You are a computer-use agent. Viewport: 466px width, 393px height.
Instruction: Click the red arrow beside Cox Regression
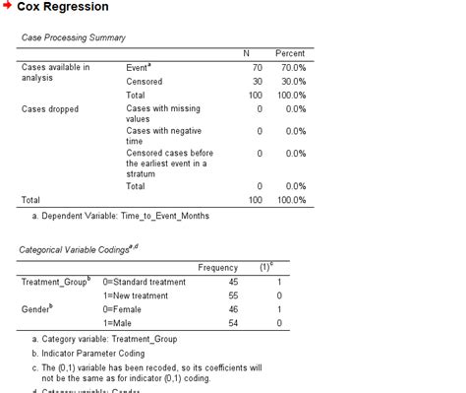click(x=8, y=7)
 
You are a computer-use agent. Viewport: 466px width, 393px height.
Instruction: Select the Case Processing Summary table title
click(x=73, y=37)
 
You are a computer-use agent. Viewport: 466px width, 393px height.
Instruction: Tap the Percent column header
click(x=289, y=52)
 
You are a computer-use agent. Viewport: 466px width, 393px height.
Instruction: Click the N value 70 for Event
click(x=258, y=66)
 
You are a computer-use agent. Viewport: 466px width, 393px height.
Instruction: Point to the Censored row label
click(x=146, y=80)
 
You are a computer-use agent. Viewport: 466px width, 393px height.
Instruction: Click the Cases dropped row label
click(x=49, y=108)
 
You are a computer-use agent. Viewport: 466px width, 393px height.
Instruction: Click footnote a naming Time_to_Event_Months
click(x=121, y=214)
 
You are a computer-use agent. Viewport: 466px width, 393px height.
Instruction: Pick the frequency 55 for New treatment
click(x=232, y=295)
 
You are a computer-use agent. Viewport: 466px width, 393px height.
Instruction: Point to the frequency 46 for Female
click(x=232, y=309)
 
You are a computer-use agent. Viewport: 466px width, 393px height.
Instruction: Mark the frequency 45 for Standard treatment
click(x=232, y=282)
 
